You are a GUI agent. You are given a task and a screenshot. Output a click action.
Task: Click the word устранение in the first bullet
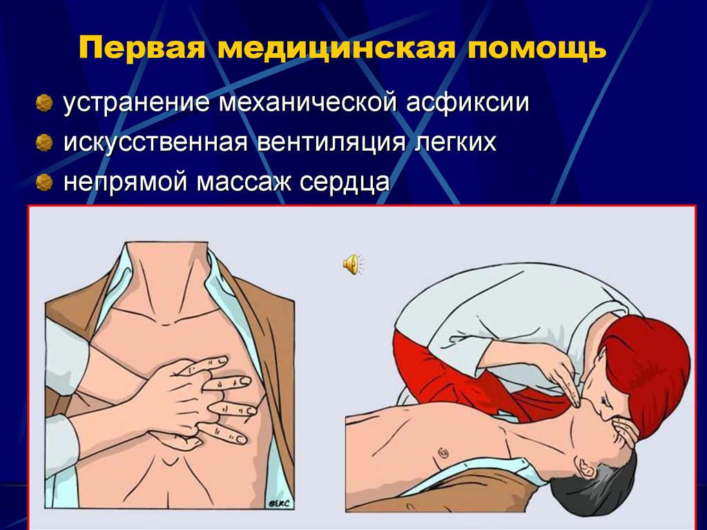(x=138, y=104)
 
